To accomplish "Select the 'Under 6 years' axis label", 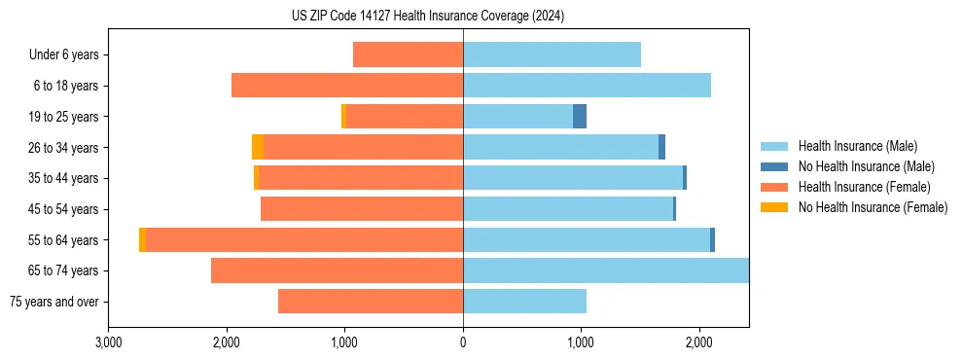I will tap(63, 55).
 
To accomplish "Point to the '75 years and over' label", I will tap(53, 302).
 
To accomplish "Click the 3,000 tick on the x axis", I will tap(109, 342).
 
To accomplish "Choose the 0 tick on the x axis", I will tap(463, 342).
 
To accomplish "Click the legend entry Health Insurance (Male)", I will tap(857, 146).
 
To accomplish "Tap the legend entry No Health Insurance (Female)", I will tap(873, 207).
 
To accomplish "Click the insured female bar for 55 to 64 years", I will tap(303, 240).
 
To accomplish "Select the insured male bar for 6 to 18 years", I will tap(587, 86).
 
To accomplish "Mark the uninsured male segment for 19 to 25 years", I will tap(580, 117).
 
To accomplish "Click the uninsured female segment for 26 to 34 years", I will tap(258, 147).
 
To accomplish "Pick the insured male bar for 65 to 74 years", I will tap(605, 270).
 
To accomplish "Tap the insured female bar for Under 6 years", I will tap(408, 55).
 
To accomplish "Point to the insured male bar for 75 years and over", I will tap(524, 302).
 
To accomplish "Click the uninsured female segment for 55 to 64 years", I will tap(142, 240).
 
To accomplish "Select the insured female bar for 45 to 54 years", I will tap(362, 209).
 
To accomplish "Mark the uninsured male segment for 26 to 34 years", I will tap(662, 147).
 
